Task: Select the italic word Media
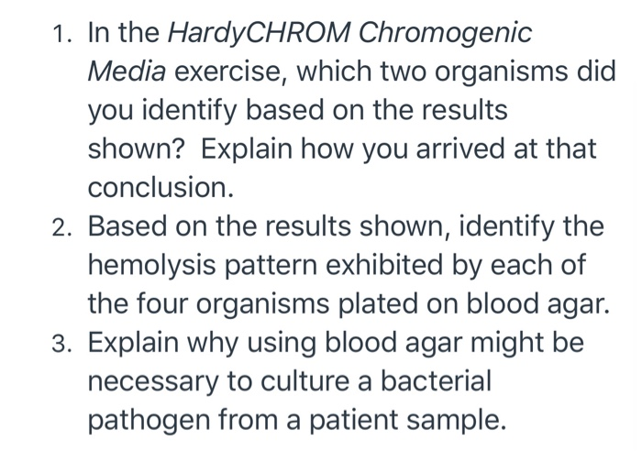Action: [127, 72]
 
